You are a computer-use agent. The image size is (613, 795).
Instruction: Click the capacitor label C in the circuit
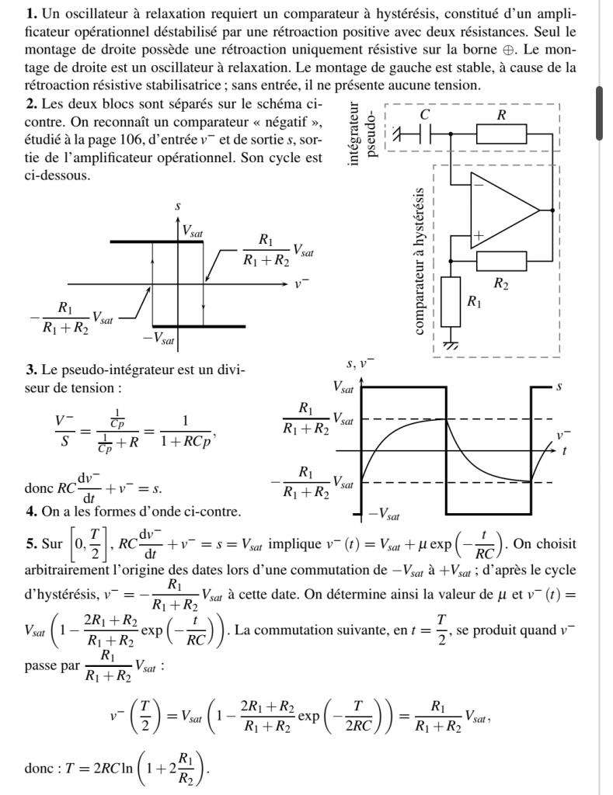click(424, 115)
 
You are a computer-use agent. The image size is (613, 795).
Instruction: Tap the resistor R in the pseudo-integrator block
click(501, 134)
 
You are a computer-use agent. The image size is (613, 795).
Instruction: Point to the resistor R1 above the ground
click(451, 302)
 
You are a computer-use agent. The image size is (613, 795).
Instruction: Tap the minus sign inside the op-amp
click(479, 185)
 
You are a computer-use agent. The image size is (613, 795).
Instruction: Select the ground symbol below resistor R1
click(451, 344)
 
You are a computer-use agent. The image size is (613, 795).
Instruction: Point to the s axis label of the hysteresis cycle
click(178, 207)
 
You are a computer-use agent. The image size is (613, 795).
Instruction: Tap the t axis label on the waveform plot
click(563, 450)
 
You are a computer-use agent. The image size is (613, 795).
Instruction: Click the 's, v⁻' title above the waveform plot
click(360, 363)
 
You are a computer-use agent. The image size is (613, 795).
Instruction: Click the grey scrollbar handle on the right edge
click(600, 113)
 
